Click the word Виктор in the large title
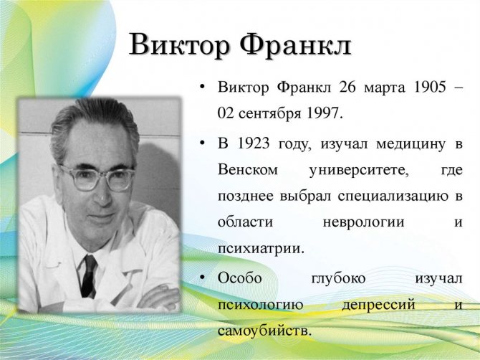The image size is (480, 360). pyautogui.click(x=179, y=44)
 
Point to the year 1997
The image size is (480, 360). pyautogui.click(x=323, y=113)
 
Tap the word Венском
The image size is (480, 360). pyautogui.click(x=248, y=169)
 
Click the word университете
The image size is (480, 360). pyautogui.click(x=359, y=171)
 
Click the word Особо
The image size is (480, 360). pyautogui.click(x=240, y=278)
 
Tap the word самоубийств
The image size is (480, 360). pyautogui.click(x=264, y=331)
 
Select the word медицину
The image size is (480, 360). pyautogui.click(x=411, y=145)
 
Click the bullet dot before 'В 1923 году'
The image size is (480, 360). pyautogui.click(x=202, y=143)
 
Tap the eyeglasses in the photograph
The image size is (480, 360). pyautogui.click(x=97, y=177)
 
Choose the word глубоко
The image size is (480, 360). pyautogui.click(x=338, y=279)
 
